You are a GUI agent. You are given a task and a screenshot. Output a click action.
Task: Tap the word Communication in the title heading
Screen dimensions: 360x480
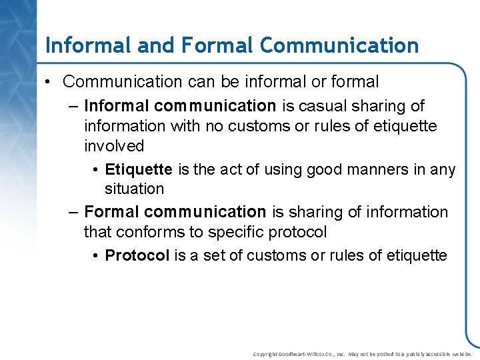[x=339, y=45]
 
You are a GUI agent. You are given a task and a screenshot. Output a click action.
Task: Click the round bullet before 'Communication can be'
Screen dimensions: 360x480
[x=50, y=82]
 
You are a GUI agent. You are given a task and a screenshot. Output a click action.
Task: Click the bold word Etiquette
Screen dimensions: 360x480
[x=139, y=169]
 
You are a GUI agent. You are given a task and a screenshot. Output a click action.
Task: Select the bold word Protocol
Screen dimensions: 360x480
[x=137, y=256]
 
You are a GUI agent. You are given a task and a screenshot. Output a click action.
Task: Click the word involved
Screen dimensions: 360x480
[x=114, y=145]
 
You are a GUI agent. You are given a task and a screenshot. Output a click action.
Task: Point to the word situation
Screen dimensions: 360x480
[x=134, y=189]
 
